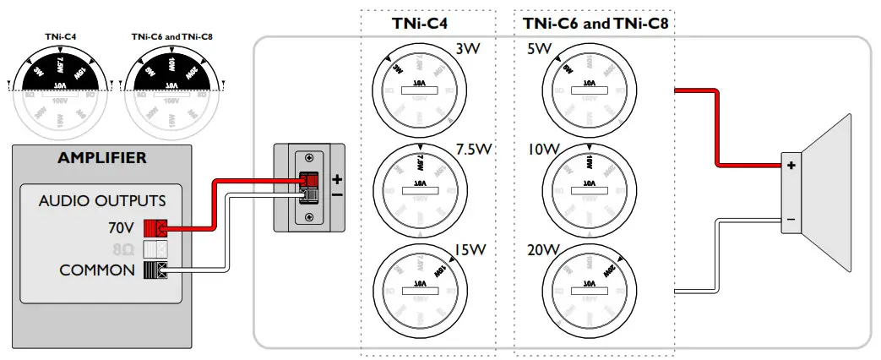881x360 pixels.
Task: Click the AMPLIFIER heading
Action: [x=101, y=158]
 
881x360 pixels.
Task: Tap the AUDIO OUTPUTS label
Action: [x=102, y=201]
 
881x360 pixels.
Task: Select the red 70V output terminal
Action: [x=156, y=226]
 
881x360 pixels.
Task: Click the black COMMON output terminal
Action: [x=156, y=270]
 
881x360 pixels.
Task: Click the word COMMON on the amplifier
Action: [x=97, y=270]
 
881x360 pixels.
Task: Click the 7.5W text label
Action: [x=473, y=150]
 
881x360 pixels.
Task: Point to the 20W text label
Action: [x=540, y=251]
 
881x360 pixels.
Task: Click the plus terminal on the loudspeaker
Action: [x=791, y=166]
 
